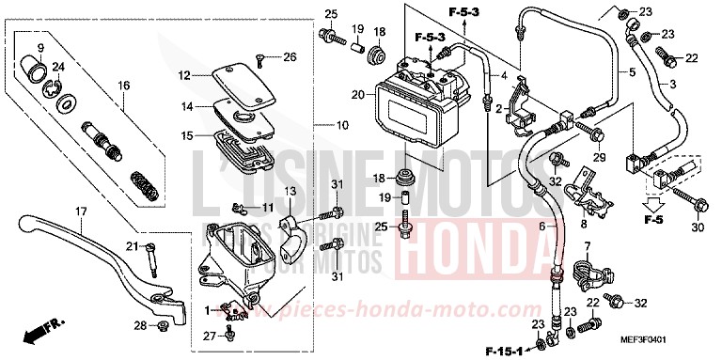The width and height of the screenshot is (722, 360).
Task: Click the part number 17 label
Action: (81, 211)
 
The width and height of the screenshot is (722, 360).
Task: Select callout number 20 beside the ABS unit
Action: (356, 94)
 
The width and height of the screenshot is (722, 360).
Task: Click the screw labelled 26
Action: (258, 59)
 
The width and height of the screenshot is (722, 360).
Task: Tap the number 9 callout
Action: (40, 48)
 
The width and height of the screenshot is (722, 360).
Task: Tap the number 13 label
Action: (290, 192)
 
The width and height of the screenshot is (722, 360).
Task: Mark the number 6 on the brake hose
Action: (541, 227)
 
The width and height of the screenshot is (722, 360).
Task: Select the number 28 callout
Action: (139, 326)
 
